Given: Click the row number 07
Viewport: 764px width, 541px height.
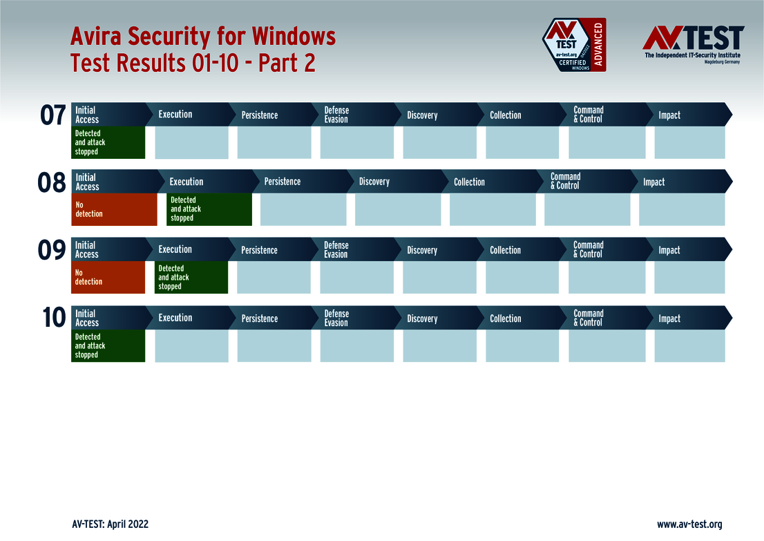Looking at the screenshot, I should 53,115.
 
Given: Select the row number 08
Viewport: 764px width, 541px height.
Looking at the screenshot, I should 52,183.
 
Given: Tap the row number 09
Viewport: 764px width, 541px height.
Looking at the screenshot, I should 52,251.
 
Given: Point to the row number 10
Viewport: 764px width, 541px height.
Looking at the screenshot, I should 53,319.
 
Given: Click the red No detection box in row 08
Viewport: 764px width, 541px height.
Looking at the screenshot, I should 114,209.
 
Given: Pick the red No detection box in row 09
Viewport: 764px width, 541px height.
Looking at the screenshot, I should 108,277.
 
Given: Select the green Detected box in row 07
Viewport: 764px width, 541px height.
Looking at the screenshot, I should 108,142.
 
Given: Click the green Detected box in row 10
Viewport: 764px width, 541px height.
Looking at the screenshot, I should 108,345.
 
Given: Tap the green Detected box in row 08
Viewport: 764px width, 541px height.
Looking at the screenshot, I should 209,209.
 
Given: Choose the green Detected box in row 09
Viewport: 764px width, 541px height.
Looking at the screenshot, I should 191,277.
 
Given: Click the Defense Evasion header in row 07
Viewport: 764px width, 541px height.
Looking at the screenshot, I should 336,115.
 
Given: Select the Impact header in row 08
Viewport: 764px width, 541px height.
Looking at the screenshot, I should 653,182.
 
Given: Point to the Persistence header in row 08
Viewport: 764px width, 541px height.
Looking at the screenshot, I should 283,182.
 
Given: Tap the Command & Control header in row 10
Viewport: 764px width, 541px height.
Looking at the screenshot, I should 589,318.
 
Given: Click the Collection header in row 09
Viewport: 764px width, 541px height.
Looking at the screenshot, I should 506,250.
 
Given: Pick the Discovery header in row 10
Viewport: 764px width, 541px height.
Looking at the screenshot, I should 422,319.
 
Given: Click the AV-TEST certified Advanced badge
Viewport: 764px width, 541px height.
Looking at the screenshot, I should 574,45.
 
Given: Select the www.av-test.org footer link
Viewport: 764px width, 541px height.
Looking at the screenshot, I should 689,524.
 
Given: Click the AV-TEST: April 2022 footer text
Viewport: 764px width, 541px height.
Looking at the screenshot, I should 110,524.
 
